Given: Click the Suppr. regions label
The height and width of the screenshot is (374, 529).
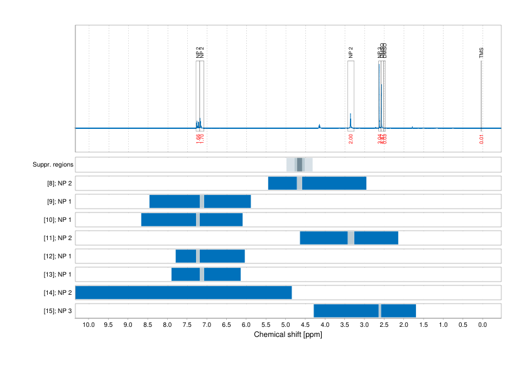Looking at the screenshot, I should coord(53,165).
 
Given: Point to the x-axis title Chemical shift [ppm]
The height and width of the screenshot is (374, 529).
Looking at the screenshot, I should coord(288,334).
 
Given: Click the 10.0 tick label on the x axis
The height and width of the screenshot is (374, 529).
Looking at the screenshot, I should coord(88,325).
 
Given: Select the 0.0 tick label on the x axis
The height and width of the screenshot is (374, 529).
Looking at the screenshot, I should coord(483,325).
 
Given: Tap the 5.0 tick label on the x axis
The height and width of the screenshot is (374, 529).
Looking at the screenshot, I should coord(285,325).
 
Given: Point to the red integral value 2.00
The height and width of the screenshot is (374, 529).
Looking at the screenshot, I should coord(351,138).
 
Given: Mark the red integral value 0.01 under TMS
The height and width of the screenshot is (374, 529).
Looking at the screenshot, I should coord(482,139).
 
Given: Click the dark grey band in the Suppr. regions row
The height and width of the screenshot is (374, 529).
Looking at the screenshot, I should coord(300,165).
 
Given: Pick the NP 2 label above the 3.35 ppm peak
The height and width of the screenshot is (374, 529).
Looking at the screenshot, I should coord(351,53).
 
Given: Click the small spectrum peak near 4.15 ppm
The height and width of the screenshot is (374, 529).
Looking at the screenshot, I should coord(319,126).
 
